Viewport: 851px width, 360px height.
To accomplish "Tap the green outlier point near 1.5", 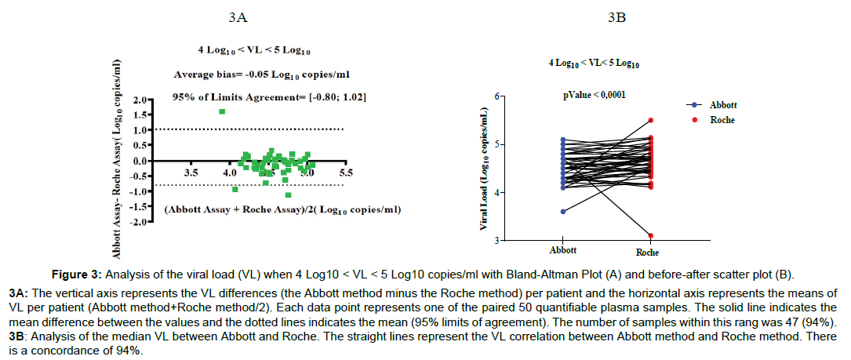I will click(222, 111).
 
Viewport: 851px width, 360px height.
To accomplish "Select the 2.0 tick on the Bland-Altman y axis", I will click(140, 100).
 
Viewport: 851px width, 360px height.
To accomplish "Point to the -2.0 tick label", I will click(139, 223).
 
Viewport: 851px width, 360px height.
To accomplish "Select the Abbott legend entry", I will click(722, 105).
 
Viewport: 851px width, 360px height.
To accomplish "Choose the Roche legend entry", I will click(721, 120).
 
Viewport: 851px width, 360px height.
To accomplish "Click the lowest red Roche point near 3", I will click(651, 235).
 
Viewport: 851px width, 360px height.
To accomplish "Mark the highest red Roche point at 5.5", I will click(651, 120).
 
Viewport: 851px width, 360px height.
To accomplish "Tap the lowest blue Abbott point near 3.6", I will click(563, 211).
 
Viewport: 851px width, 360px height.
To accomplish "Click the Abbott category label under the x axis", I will click(563, 251).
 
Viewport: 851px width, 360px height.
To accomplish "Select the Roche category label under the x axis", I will click(648, 253).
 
